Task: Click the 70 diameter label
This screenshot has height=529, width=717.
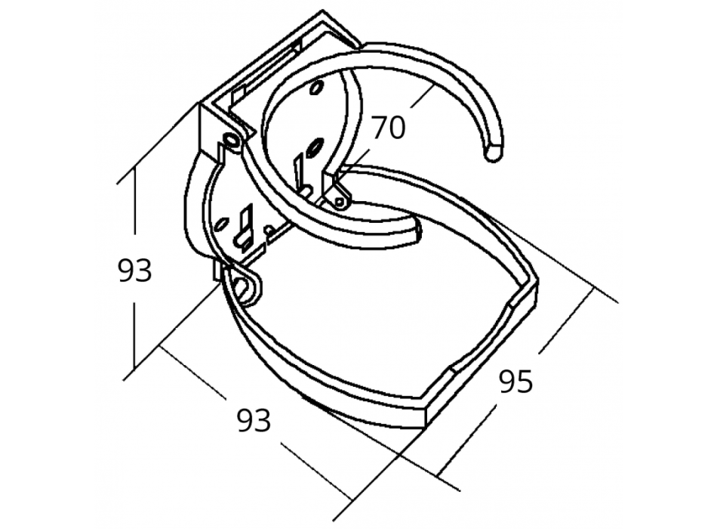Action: coord(389,127)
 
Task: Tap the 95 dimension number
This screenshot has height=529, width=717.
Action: coord(516,382)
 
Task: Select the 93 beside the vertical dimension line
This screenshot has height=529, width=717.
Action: coord(135,271)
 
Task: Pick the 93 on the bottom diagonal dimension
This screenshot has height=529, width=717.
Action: coord(254,421)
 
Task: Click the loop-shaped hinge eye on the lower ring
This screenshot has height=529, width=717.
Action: coord(243,286)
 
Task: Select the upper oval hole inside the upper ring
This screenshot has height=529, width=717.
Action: coord(316,88)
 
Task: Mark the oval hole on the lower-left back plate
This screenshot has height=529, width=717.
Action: coord(221,224)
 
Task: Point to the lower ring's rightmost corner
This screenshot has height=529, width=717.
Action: coord(538,285)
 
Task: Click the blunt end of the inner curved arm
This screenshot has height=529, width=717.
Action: coord(417,231)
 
